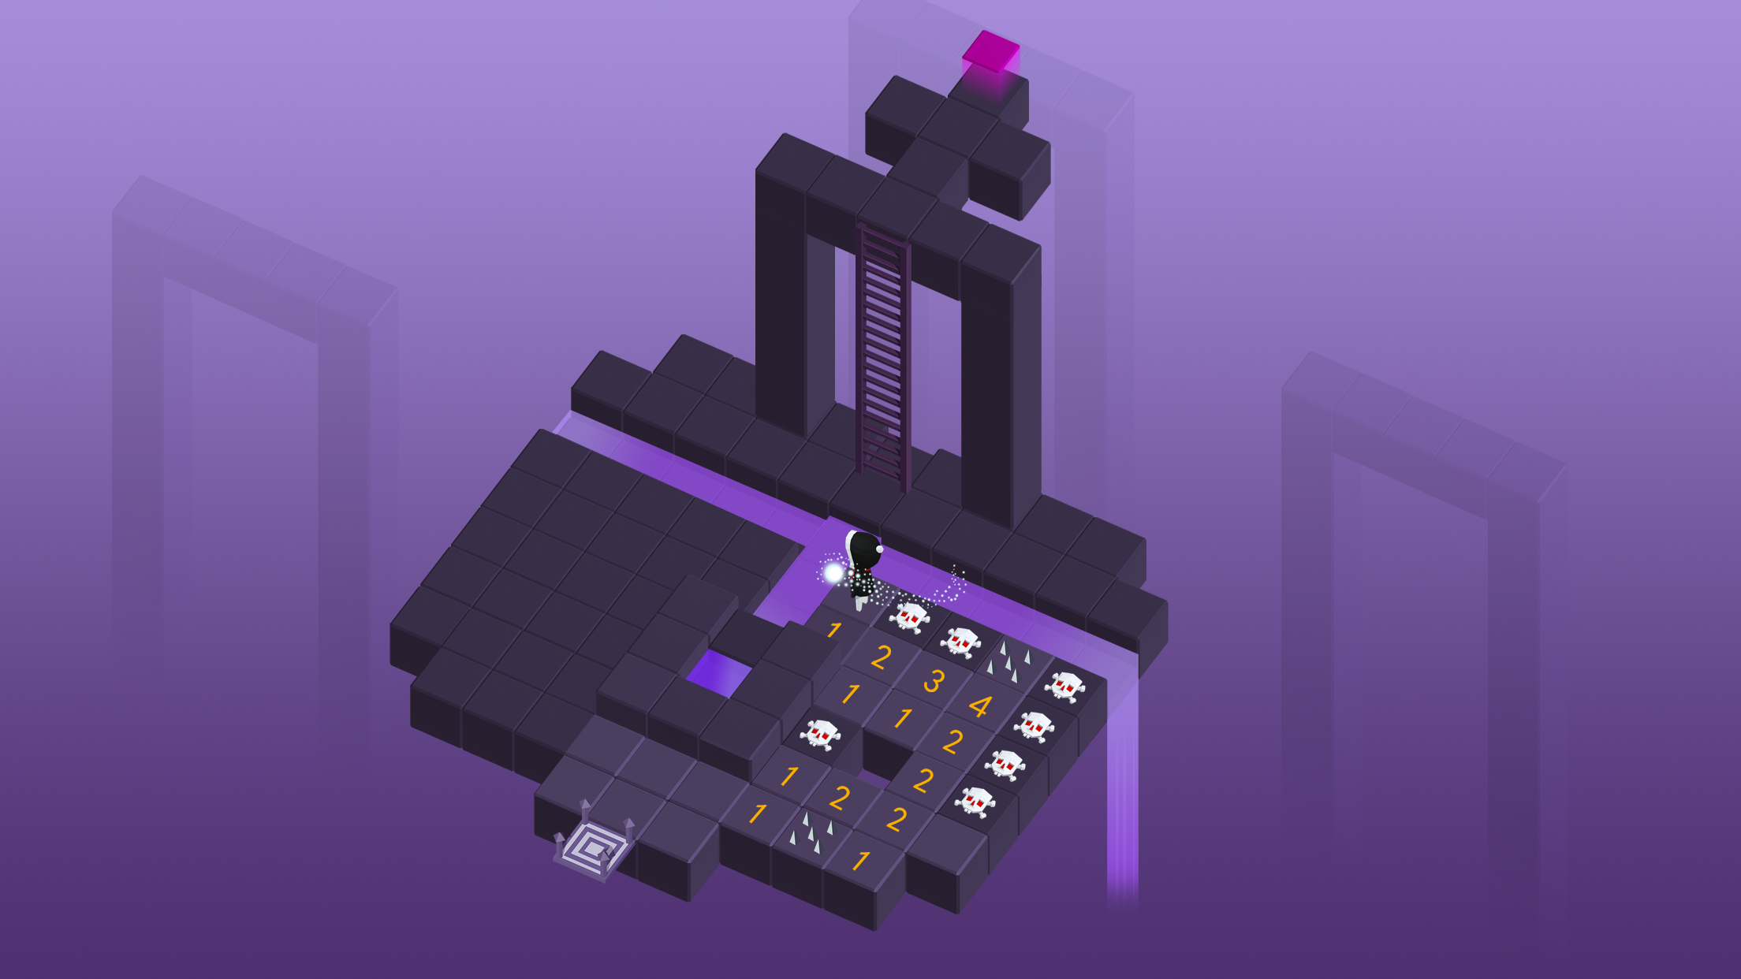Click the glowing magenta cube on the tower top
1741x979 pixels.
point(991,52)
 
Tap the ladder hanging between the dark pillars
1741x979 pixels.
point(883,355)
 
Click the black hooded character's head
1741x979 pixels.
point(863,549)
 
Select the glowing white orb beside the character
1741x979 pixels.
point(833,573)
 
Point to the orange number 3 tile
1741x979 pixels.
point(934,681)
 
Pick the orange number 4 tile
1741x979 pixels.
point(980,706)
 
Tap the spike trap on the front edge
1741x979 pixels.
point(811,832)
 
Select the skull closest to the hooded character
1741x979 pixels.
point(910,616)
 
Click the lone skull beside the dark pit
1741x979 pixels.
point(820,734)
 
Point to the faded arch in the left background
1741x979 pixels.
point(252,394)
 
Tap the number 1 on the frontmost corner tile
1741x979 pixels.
point(861,861)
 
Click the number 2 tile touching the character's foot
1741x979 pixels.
point(881,657)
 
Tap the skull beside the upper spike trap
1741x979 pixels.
point(1065,686)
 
